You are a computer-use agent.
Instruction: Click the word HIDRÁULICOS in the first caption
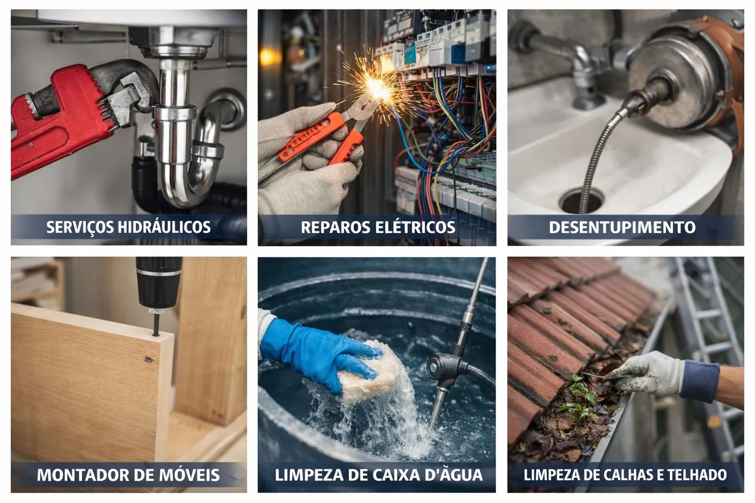(165, 228)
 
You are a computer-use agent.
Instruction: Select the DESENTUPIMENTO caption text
(622, 228)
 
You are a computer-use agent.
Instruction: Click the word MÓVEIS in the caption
(188, 475)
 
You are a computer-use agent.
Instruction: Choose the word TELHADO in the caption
(697, 475)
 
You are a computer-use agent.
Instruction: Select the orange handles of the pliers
(320, 138)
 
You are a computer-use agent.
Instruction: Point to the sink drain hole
(582, 201)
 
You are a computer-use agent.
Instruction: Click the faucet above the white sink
(570, 64)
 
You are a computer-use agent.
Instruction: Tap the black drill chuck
(159, 283)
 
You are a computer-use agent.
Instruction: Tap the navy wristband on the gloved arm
(700, 381)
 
